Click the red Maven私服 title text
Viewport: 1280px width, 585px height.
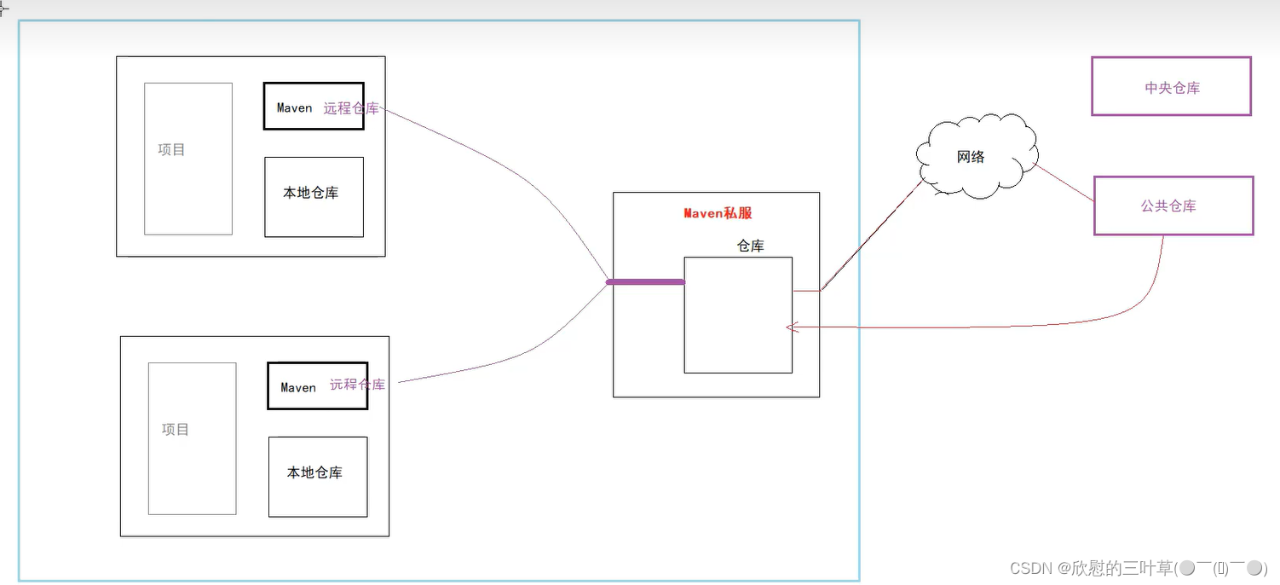718,213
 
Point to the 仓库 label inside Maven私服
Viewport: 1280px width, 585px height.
750,246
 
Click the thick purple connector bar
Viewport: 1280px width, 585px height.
645,282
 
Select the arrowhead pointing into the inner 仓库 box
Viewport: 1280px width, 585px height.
792,327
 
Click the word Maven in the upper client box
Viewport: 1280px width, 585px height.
294,108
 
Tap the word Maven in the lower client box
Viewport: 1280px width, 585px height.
298,388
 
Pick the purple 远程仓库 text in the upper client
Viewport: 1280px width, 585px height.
351,108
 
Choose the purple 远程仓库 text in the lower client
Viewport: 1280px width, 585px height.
357,385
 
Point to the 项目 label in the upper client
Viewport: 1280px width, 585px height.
171,150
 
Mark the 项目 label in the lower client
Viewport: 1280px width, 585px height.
176,430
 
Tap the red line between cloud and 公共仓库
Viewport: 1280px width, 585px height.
1064,183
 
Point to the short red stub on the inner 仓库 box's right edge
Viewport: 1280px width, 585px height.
806,291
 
